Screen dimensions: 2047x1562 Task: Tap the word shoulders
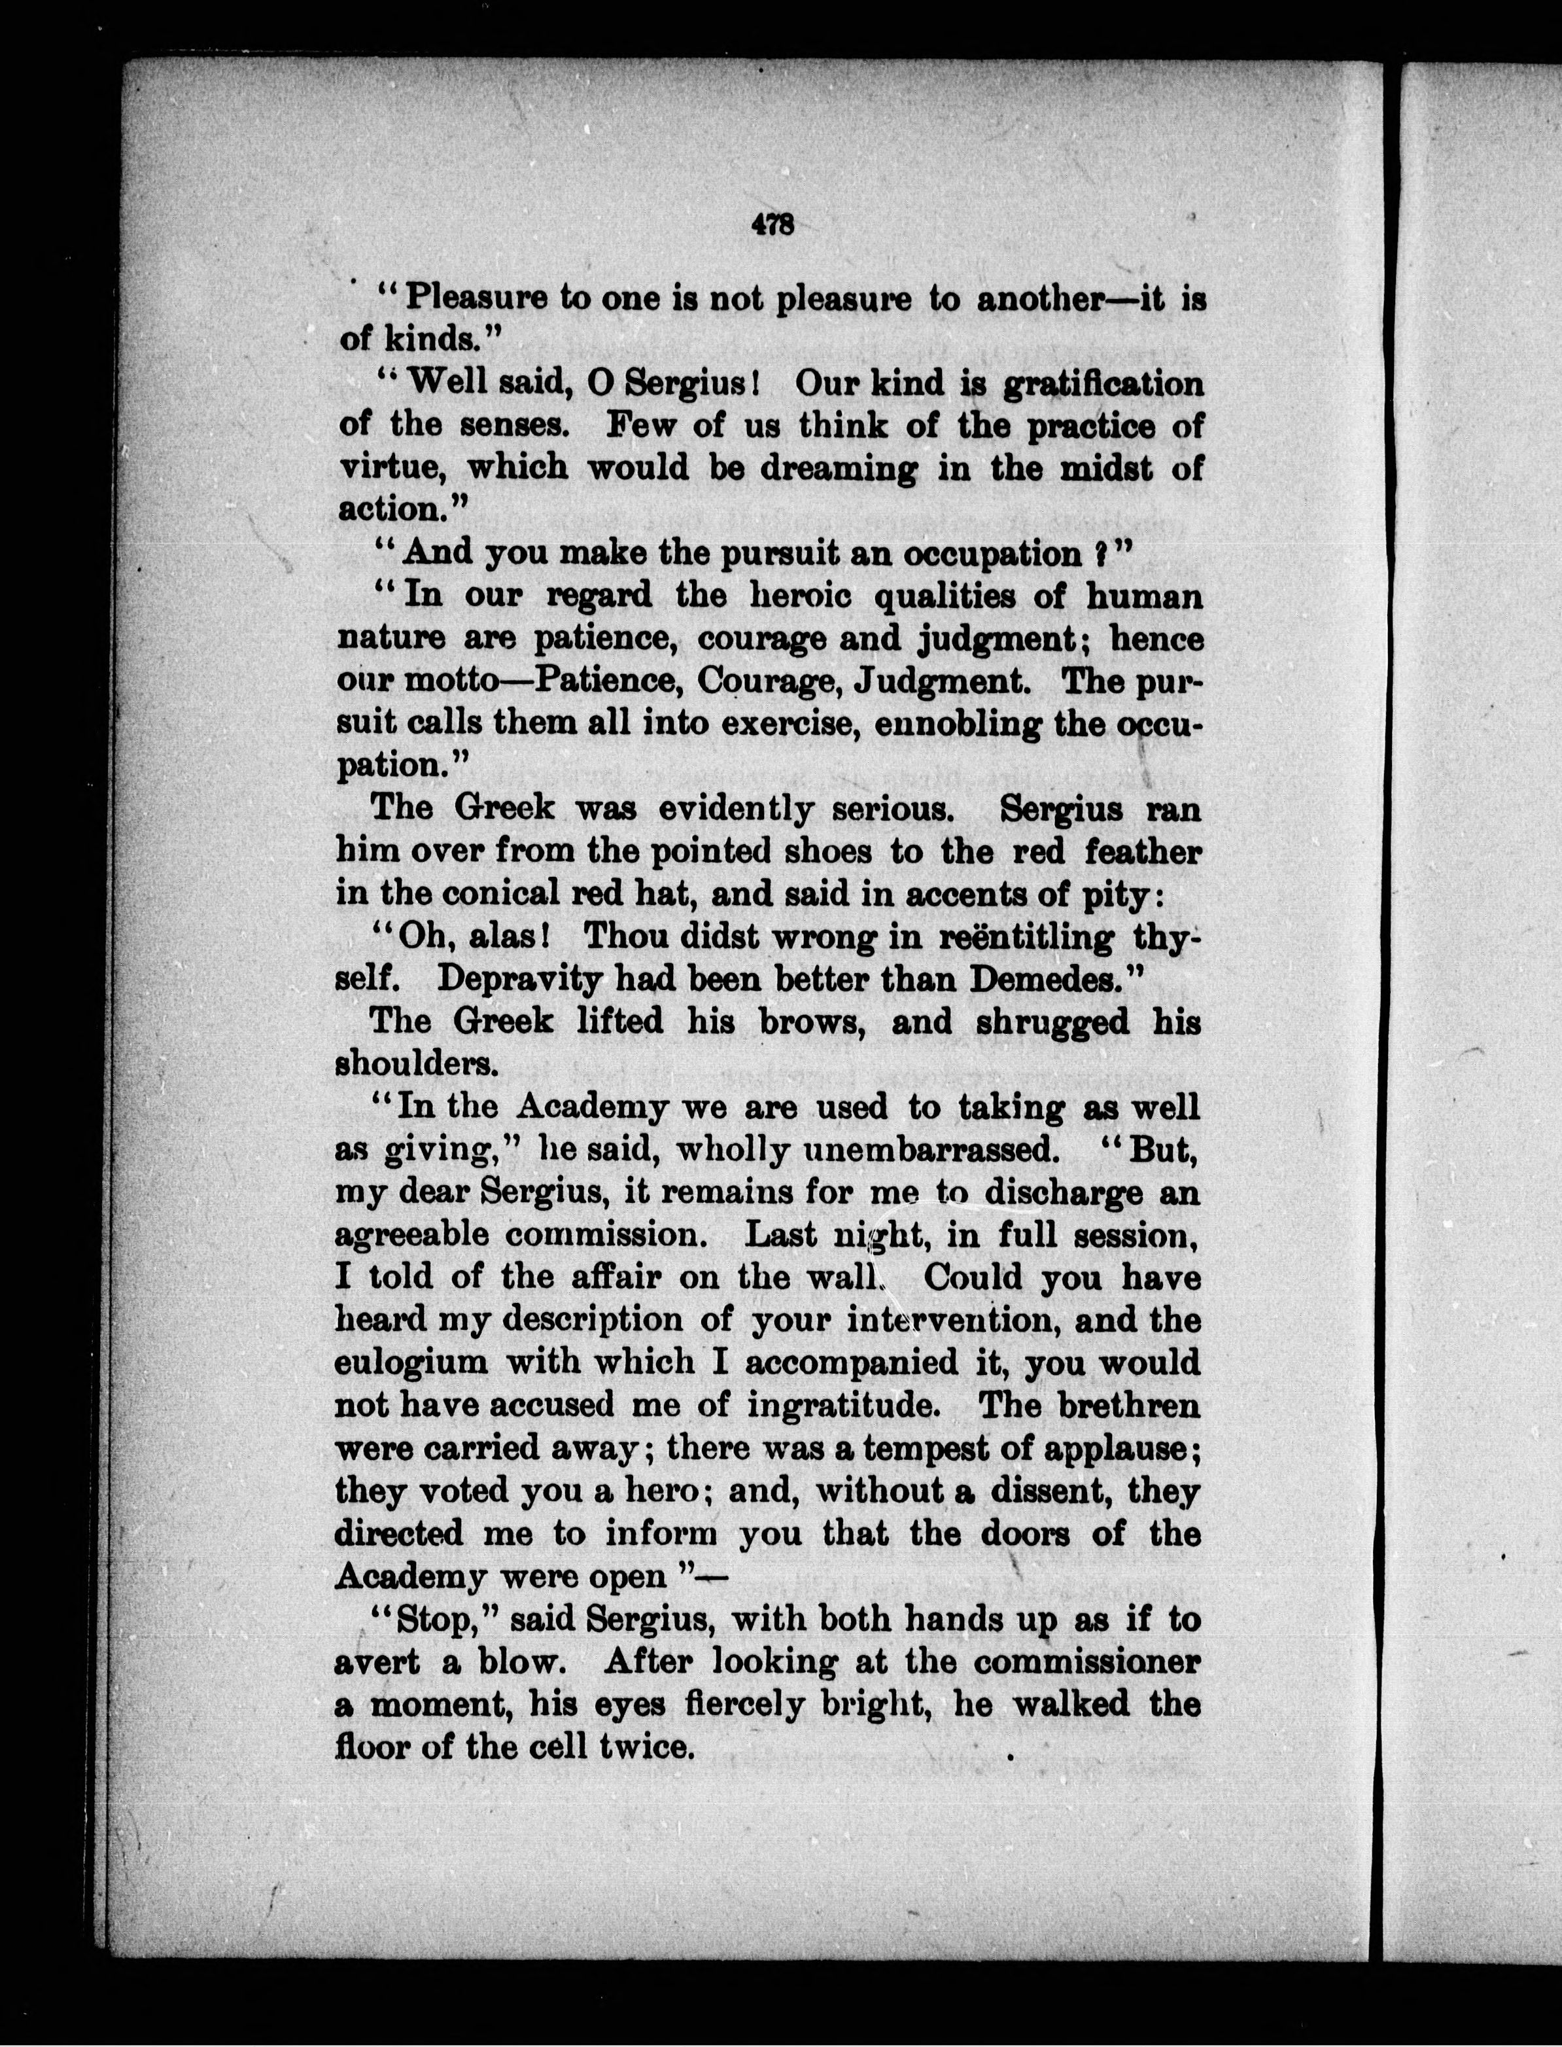click(417, 1064)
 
